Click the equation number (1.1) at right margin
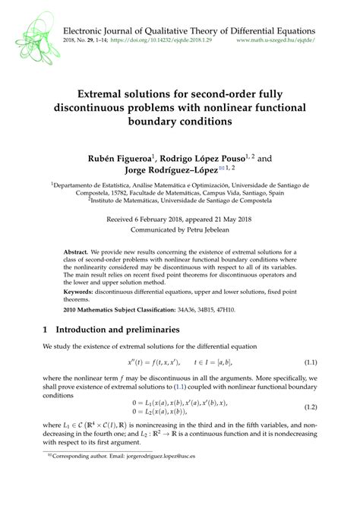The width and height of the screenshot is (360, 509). [x=308, y=364]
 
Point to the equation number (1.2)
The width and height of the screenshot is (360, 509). [x=308, y=407]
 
